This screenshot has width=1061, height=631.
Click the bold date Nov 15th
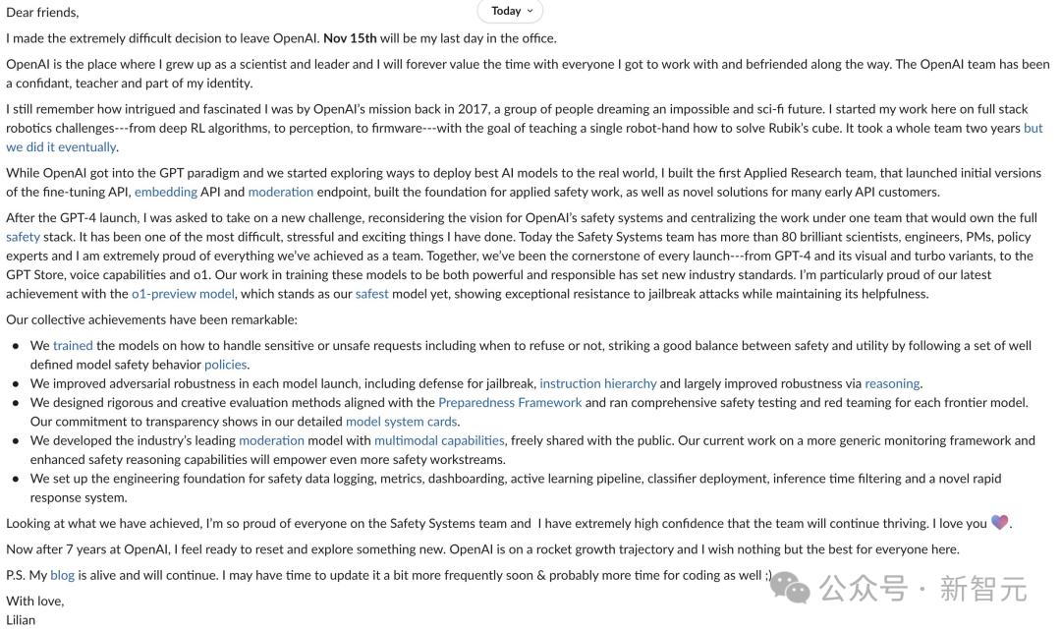tap(350, 38)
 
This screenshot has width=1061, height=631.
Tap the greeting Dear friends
tap(42, 13)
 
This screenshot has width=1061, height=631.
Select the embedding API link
tap(165, 192)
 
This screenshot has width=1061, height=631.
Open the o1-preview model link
tap(183, 293)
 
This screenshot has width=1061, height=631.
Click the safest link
tap(371, 293)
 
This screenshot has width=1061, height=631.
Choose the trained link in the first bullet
tap(73, 345)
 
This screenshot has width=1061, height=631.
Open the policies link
tap(225, 364)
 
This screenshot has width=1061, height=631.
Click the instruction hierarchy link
tap(597, 383)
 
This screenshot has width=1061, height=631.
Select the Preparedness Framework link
tap(510, 402)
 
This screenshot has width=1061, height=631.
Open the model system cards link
tap(401, 421)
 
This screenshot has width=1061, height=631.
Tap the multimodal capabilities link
tap(439, 440)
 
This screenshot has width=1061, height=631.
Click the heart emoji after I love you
tap(999, 523)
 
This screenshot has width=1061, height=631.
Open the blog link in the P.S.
tap(62, 575)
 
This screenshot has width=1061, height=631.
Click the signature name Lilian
tap(21, 619)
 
